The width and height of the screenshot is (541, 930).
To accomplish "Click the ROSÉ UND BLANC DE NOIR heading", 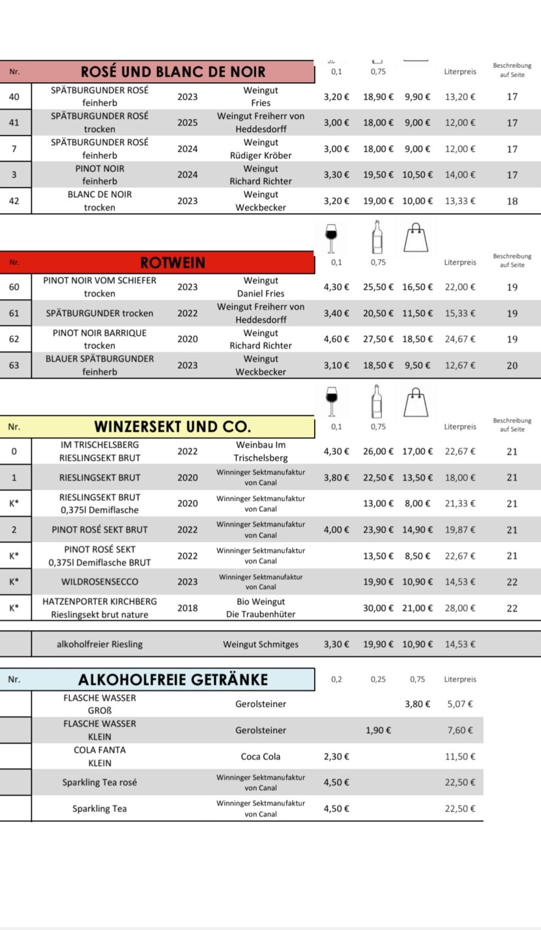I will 172,72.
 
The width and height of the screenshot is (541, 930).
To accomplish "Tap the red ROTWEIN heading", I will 172,262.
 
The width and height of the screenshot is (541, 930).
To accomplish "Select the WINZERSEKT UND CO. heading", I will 172,427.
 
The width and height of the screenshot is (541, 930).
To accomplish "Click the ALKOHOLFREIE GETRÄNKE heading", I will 173,680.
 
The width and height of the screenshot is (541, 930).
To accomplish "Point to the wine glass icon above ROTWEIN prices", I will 331,238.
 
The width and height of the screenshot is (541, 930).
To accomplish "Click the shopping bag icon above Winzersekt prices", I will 416,402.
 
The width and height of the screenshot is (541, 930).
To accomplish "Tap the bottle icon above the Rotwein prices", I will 377,237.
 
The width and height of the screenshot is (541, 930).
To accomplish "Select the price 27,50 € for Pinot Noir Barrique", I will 378,339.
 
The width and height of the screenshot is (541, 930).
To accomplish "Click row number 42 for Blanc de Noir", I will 14,201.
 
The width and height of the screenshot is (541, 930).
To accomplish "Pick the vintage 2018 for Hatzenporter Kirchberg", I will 187,608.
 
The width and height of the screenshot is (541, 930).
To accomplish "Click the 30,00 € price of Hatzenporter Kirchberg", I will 378,608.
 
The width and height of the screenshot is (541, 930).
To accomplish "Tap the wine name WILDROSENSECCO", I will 100,582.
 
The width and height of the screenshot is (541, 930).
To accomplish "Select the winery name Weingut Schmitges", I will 261,644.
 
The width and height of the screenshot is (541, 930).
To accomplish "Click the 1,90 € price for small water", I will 378,730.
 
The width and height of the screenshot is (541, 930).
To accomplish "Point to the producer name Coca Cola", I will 261,756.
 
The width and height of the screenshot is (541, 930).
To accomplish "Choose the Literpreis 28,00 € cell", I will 460,608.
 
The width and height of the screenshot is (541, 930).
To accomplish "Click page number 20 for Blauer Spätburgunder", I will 512,365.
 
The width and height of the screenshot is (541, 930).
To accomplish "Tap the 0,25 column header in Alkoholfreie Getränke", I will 378,679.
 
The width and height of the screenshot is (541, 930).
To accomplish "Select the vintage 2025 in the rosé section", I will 187,123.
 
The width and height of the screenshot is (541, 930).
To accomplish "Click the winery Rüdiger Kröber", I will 261,155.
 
